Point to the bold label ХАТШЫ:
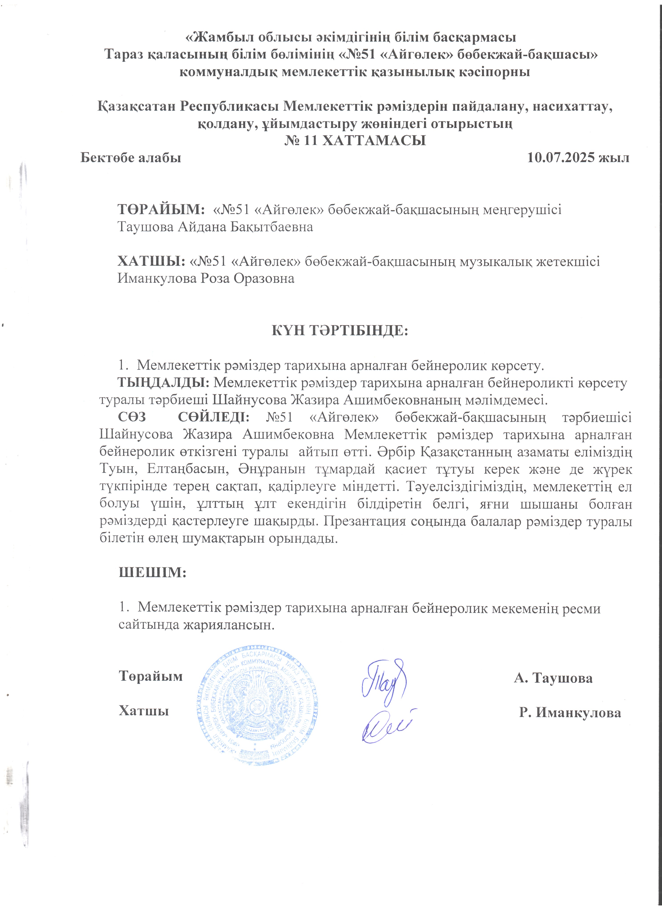tap(151, 261)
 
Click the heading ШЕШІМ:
tap(153, 572)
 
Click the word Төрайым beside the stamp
tap(151, 676)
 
